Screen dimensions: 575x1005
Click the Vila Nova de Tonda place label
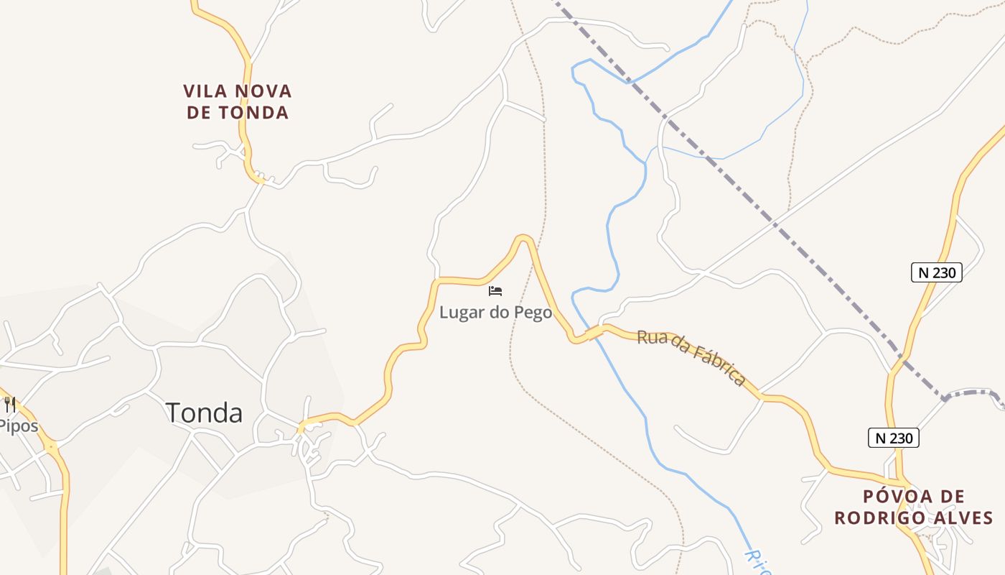[x=237, y=102]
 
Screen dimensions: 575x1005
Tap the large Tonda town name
[x=204, y=413]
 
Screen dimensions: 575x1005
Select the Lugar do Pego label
[x=496, y=313]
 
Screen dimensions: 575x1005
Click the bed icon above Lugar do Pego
[x=495, y=291]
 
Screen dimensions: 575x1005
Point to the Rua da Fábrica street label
[x=691, y=357]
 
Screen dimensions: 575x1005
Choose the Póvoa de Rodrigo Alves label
[x=914, y=507]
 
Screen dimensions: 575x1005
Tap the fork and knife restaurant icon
[x=10, y=405]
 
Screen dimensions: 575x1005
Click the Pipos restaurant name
[x=17, y=426]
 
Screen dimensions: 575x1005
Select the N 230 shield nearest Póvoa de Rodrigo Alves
[x=893, y=438]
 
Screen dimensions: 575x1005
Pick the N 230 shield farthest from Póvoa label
[x=936, y=272]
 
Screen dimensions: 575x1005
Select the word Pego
[x=533, y=313]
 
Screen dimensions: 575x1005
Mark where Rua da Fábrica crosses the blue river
[x=592, y=332]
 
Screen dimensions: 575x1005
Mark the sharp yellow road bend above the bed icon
[x=524, y=238]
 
